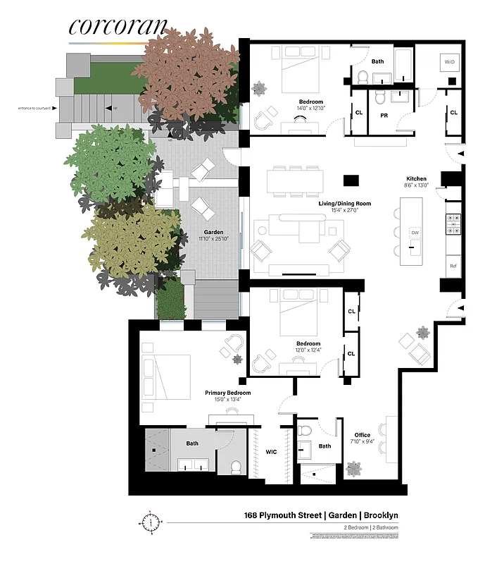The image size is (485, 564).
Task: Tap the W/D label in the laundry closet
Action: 450,63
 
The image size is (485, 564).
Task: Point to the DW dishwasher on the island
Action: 415,232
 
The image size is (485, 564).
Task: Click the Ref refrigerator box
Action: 454,266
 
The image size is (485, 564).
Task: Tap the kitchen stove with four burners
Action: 454,223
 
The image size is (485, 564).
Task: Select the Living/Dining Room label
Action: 344,204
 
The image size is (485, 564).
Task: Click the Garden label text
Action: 214,232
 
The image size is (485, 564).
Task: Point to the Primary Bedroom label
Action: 227,393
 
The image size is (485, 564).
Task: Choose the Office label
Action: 362,435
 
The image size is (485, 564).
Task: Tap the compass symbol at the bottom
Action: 150,523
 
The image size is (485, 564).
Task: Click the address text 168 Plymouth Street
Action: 278,515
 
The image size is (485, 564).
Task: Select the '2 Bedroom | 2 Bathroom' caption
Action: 369,527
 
